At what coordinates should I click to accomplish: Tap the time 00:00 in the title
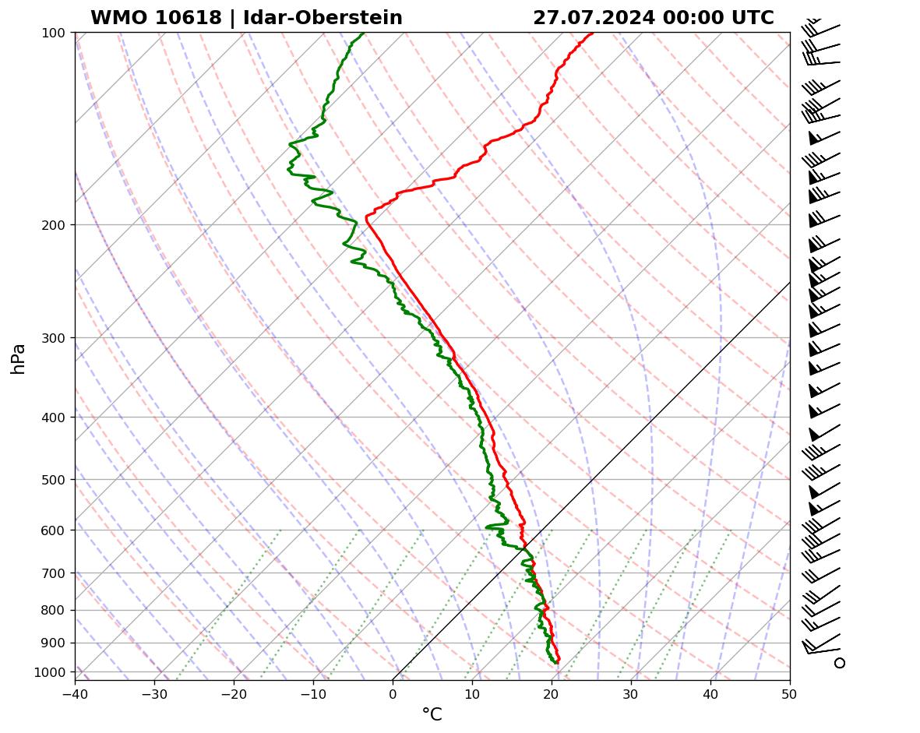691,18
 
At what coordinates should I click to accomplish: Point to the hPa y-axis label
18,358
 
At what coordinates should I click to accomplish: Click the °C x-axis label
432,714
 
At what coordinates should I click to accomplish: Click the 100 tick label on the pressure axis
55,33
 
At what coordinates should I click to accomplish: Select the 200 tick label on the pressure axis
55,225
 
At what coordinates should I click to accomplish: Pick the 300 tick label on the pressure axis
55,338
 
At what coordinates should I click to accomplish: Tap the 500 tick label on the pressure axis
55,480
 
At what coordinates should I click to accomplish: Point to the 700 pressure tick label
55,573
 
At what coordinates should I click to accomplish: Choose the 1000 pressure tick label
52,672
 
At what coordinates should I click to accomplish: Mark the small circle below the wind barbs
839,663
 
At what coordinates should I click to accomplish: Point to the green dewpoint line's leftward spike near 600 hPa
487,527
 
